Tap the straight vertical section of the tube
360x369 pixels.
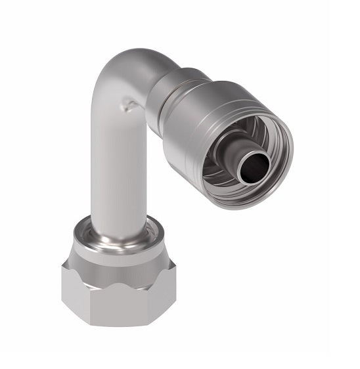pos(118,164)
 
